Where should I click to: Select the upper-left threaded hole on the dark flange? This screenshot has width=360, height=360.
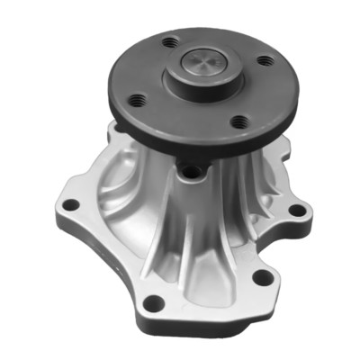[169, 42]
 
